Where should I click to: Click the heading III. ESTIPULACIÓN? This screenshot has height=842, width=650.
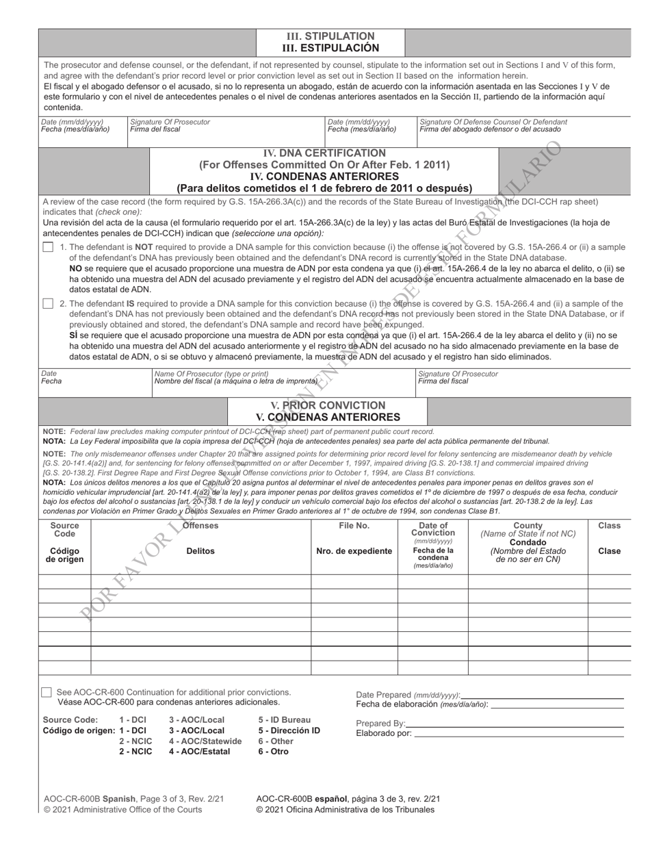tap(330, 48)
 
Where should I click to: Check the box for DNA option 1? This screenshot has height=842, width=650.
tap(47, 247)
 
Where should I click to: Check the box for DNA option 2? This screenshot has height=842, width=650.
tap(47, 303)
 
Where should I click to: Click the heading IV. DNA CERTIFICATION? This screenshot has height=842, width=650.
tap(324, 153)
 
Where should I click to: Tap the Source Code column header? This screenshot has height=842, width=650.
tap(65, 530)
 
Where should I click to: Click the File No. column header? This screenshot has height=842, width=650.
tap(354, 526)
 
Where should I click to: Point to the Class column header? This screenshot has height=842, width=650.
tap(609, 526)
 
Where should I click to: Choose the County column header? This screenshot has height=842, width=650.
tap(528, 526)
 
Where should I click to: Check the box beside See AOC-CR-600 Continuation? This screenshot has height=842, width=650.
tap(47, 693)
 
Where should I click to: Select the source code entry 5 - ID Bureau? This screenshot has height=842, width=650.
tap(284, 719)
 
